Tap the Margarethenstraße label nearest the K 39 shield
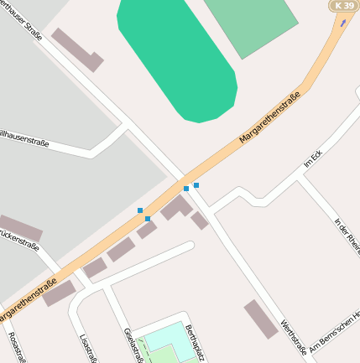click(x=269, y=117)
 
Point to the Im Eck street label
click(x=313, y=159)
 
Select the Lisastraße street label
click(x=84, y=349)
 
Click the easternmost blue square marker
click(x=196, y=184)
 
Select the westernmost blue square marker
click(x=140, y=210)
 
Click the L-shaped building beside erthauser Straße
click(x=76, y=49)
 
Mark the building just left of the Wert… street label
click(x=260, y=319)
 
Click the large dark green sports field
click(x=177, y=59)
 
